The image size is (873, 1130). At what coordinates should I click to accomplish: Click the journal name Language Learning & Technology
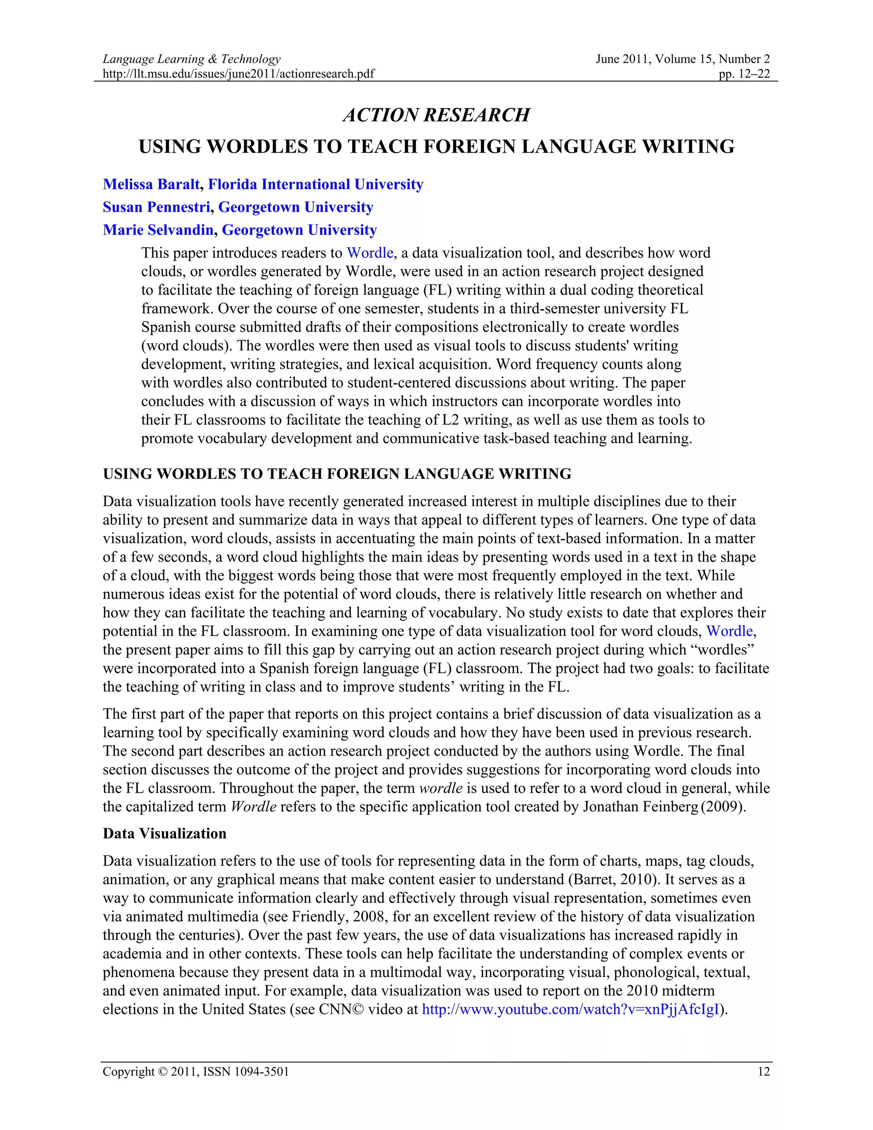click(191, 59)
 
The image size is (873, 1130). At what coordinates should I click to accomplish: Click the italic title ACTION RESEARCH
click(436, 115)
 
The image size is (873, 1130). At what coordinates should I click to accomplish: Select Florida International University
click(315, 184)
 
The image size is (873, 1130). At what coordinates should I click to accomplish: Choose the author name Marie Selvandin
click(158, 230)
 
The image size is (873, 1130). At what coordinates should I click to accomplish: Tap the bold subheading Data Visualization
click(165, 834)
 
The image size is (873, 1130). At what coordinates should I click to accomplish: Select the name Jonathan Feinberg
click(640, 807)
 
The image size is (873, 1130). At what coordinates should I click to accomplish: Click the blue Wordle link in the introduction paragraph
click(729, 631)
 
